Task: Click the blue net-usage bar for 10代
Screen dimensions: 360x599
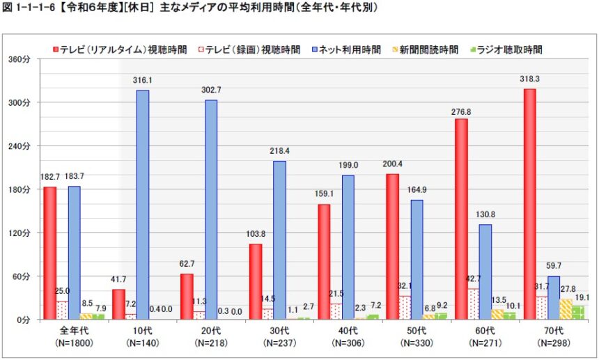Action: coord(142,205)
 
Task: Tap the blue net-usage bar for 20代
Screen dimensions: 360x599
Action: coord(210,210)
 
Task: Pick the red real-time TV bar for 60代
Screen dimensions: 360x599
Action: coord(461,219)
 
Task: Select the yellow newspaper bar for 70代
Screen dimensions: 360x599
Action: coord(566,309)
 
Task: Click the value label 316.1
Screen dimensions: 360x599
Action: coord(142,81)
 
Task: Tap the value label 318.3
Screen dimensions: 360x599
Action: coord(529,79)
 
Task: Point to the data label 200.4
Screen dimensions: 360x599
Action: coord(393,164)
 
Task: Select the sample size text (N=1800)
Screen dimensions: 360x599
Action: coord(75,343)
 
